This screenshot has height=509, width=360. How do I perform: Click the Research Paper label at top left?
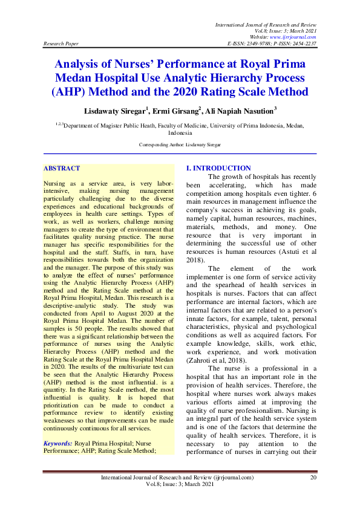(x=61, y=44)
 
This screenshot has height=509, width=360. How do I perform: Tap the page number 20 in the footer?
(x=313, y=477)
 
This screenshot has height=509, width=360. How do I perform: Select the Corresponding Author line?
(x=180, y=144)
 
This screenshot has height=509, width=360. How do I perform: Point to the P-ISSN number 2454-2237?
(x=303, y=44)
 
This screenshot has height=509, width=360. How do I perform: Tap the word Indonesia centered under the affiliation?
(x=180, y=132)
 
